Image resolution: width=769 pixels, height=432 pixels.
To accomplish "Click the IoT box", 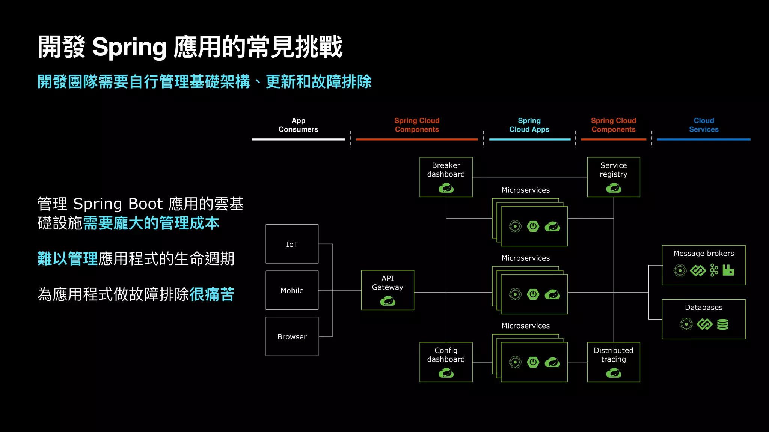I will coord(292,244).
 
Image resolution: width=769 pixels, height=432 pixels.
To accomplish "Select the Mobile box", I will coord(292,290).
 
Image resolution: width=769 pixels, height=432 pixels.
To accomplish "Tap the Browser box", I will coord(292,336).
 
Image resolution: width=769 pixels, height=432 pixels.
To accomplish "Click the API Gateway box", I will coord(388,290).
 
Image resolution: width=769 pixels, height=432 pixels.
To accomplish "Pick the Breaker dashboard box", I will coord(446,177).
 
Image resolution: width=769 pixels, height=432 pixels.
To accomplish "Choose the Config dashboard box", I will coord(446,362).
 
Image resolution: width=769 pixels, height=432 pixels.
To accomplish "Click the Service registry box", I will coord(613,177).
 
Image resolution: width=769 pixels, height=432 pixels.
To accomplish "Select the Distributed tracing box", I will coord(613,362).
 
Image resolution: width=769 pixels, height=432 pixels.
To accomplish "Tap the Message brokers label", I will coord(703,253).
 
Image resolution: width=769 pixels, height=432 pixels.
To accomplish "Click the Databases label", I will coord(703,307).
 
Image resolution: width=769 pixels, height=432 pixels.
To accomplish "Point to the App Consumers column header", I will coord(298,125).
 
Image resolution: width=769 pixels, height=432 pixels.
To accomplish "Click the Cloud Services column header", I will coord(703,125).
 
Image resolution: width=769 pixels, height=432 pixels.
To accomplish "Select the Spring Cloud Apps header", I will coord(529,125).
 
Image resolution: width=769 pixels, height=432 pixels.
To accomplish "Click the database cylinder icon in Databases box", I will coord(722,324).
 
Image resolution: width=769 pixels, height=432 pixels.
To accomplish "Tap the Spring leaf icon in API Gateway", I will coord(388,301).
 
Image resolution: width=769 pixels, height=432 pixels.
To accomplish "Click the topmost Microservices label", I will coord(525,190).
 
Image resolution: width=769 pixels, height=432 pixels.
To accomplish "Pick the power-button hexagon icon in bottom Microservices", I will coord(533,362).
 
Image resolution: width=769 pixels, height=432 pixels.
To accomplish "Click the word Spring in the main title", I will coord(129,48).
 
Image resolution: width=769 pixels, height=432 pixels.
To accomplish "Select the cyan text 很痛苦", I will coord(212,294).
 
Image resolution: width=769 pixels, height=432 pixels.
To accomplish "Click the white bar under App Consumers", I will coord(298,139).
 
